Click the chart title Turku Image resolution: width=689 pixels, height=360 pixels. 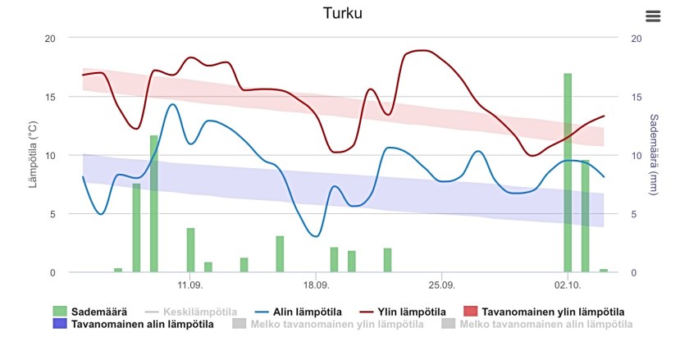[x=343, y=13]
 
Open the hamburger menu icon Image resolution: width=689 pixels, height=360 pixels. [x=653, y=16]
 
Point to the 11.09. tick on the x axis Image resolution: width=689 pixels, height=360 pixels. [x=189, y=285]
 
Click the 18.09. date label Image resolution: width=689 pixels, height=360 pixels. [x=316, y=285]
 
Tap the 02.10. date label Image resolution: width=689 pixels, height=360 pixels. [x=567, y=285]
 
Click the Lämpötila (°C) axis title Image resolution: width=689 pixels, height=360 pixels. [x=34, y=156]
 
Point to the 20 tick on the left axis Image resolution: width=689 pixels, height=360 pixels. [x=51, y=38]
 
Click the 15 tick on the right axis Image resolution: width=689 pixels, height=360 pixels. [x=636, y=97]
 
